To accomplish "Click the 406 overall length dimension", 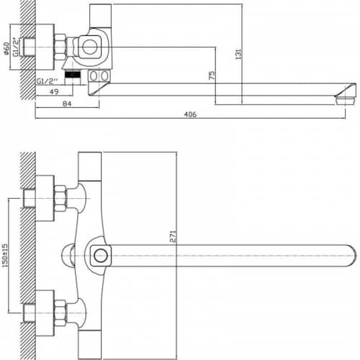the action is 190,114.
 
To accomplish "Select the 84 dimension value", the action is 67,104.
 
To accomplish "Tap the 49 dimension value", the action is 54,91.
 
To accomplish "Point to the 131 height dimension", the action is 238,54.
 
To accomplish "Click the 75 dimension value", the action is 212,76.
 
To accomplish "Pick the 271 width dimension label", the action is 173,236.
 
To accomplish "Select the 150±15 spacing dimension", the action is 5,256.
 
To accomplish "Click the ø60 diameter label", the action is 6,48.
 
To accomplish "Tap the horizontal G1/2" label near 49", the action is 48,81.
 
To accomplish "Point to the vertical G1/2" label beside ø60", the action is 16,47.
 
